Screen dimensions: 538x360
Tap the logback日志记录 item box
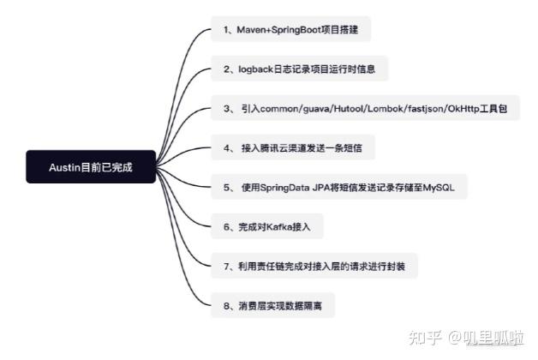coord(300,68)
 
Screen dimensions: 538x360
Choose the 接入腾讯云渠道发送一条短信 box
coord(296,148)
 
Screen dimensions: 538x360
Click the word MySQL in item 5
coord(441,187)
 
